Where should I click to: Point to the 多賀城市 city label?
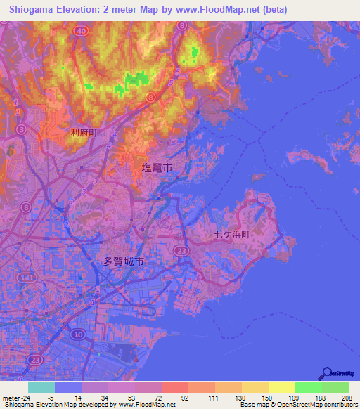(x=123, y=261)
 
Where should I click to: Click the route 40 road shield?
(x=82, y=31)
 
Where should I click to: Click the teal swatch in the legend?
(x=41, y=387)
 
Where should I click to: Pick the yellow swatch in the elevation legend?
(x=281, y=387)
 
